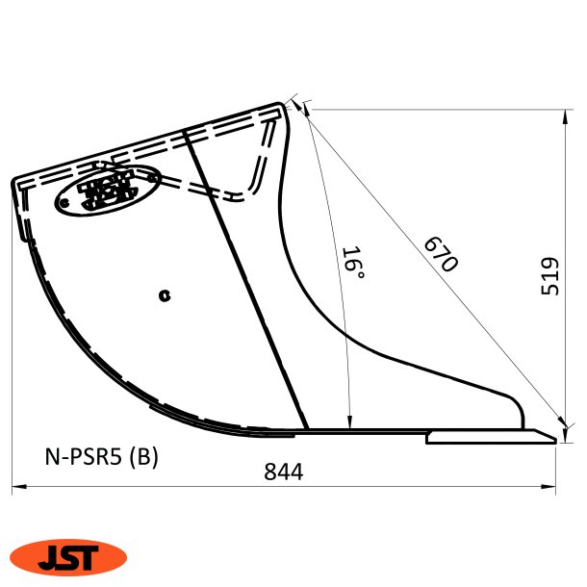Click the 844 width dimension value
pyautogui.click(x=284, y=472)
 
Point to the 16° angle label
pyautogui.click(x=353, y=265)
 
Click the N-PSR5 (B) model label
pyautogui.click(x=101, y=455)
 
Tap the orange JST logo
pyautogui.click(x=68, y=556)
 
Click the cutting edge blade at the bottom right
pyautogui.click(x=491, y=437)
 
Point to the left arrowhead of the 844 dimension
pyautogui.click(x=16, y=490)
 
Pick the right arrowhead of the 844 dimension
pyautogui.click(x=554, y=490)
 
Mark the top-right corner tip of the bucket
pyautogui.click(x=287, y=104)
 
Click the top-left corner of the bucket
pyautogui.click(x=14, y=181)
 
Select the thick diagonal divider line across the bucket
pyautogui.click(x=245, y=279)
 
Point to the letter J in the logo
pyautogui.click(x=49, y=557)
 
